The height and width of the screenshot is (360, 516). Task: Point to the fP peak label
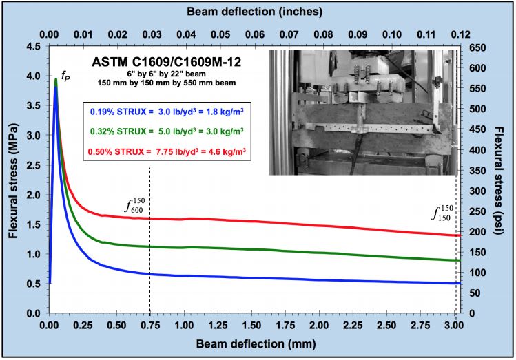(65, 75)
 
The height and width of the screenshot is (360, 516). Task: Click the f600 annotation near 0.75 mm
(135, 206)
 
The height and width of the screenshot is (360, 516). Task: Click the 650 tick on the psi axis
(475, 47)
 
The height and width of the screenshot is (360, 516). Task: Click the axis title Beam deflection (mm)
(251, 342)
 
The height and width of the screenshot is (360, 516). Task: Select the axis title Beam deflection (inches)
(255, 12)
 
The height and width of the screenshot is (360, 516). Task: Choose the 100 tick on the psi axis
(475, 272)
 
